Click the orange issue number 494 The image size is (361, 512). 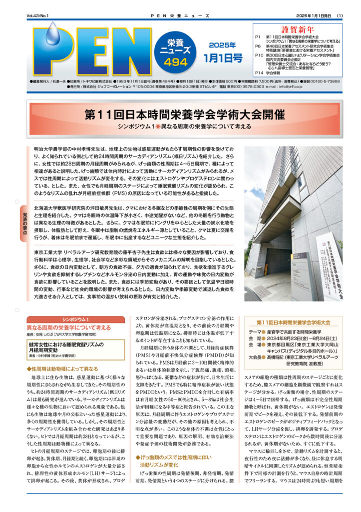(x=174, y=61)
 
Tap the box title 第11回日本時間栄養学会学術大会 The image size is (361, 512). (x=293, y=322)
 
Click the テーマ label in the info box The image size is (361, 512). (x=255, y=331)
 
